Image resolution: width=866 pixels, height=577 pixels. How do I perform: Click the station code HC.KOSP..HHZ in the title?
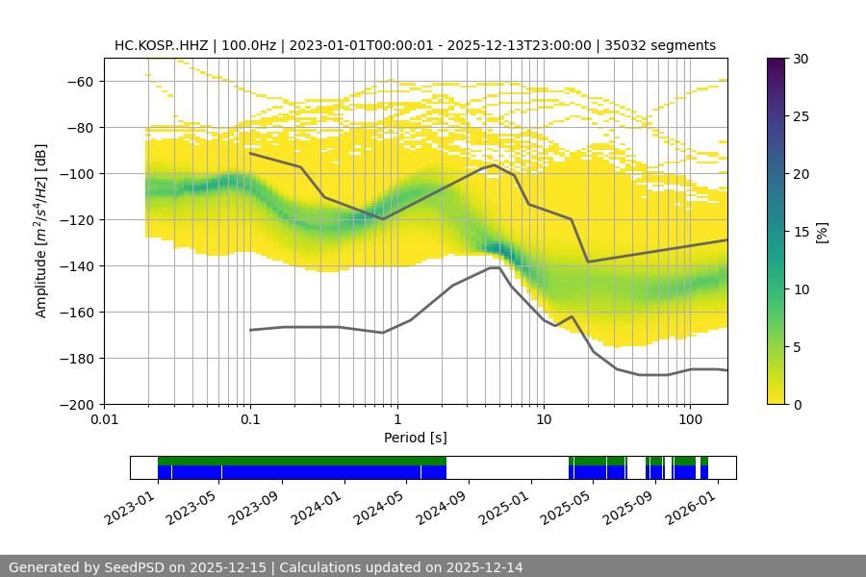click(x=162, y=45)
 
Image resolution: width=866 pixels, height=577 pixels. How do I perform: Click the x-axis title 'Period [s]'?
click(x=416, y=438)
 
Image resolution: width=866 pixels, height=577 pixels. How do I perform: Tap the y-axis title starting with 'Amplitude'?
click(x=41, y=231)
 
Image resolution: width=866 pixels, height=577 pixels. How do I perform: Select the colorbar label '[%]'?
click(x=822, y=232)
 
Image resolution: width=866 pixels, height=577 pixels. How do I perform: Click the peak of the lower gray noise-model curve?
click(x=494, y=267)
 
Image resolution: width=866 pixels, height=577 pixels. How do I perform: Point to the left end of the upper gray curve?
click(x=250, y=153)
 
